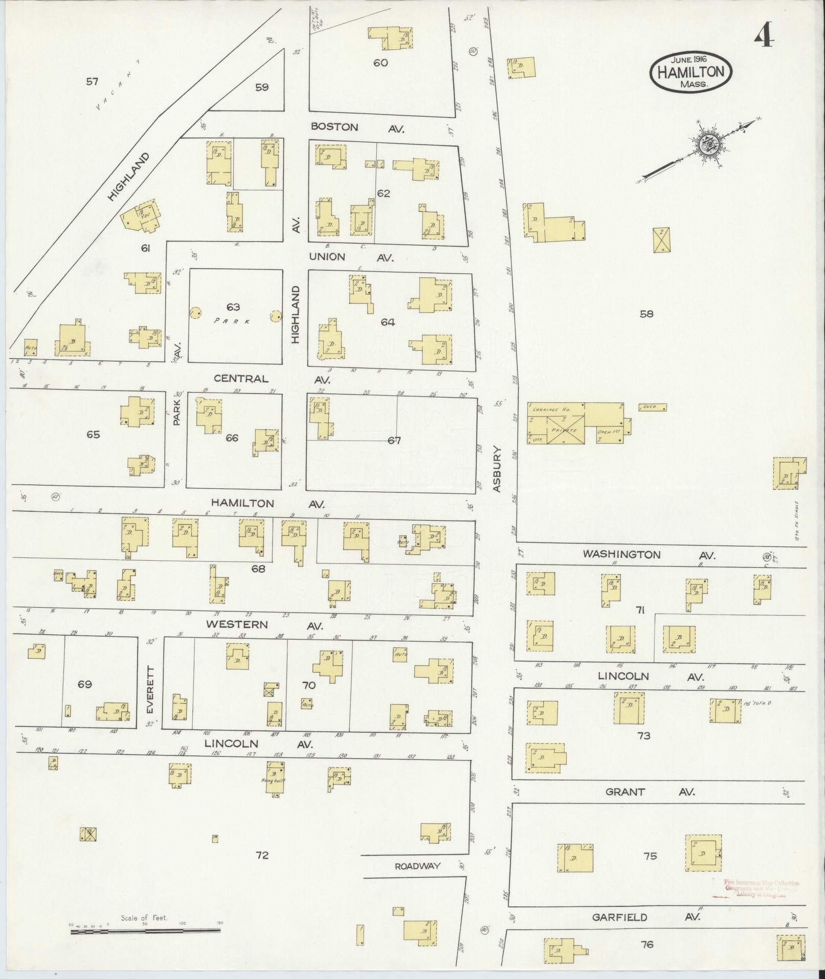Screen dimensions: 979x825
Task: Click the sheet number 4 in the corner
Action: point(765,36)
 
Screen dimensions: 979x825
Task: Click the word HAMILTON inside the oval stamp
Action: point(690,72)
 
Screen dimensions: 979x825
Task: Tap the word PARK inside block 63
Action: point(232,321)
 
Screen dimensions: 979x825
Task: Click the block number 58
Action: point(646,314)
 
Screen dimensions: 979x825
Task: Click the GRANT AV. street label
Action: point(649,792)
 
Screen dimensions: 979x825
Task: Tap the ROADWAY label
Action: point(417,866)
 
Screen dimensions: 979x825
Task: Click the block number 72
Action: point(262,855)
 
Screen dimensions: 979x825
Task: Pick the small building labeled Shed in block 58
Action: point(653,407)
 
